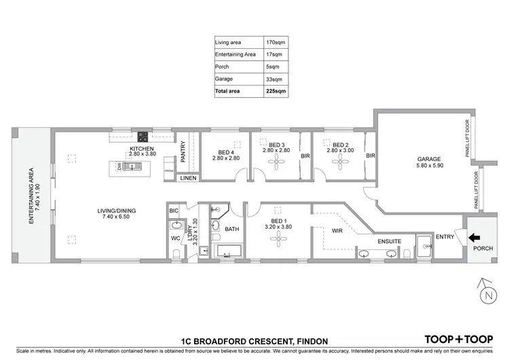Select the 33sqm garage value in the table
pos(274,79)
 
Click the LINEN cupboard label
pos(188,178)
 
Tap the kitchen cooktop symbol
pos(143,135)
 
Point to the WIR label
pos(337,230)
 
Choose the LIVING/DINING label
pos(117,211)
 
